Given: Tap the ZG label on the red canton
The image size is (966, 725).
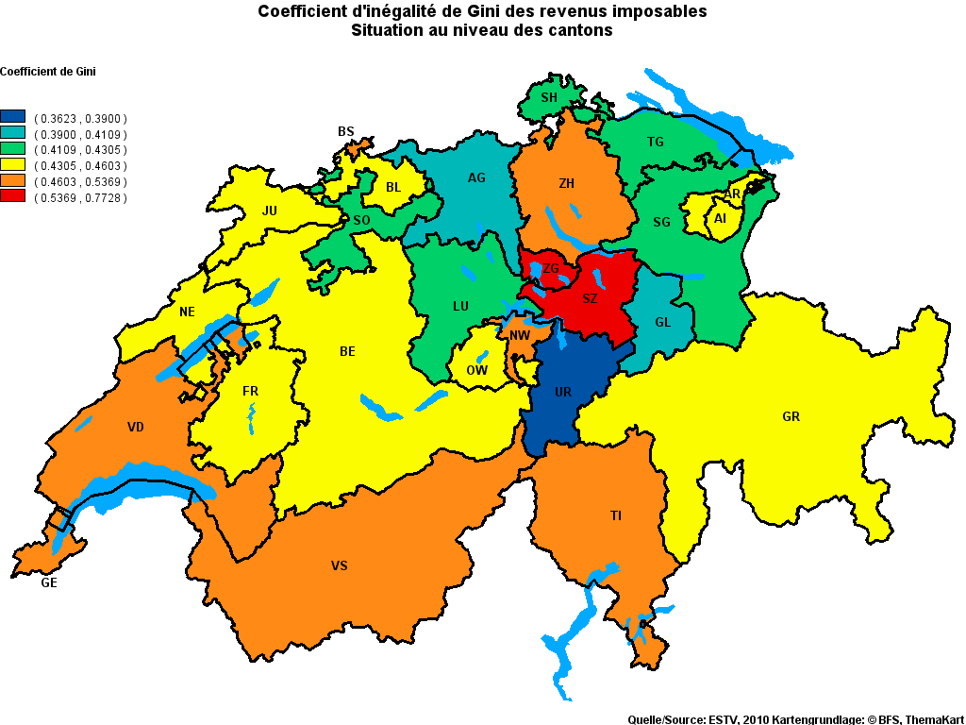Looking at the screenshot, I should [x=551, y=269].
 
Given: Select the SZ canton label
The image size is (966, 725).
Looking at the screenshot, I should [x=590, y=298].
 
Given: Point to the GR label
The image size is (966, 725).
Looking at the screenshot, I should [x=791, y=416].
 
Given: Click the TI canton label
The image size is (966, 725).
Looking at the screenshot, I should [x=615, y=515].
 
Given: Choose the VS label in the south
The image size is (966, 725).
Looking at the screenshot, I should [x=339, y=565].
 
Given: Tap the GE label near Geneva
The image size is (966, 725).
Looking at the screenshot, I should [x=49, y=583].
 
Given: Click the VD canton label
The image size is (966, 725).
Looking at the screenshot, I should [x=136, y=427].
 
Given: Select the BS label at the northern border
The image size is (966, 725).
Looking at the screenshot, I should [x=346, y=131].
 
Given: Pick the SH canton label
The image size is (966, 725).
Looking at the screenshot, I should [x=548, y=97].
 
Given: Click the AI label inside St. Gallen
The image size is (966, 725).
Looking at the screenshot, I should [x=720, y=218].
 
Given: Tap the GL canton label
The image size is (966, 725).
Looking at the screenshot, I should [x=662, y=322].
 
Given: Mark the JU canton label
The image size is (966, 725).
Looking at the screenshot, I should [x=270, y=211].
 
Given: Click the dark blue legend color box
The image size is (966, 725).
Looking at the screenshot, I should [x=13, y=118].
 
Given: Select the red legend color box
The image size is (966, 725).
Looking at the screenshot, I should [x=13, y=197].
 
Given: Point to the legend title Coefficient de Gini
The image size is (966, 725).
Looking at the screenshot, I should [x=48, y=72].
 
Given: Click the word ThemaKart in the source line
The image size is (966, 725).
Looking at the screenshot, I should [x=934, y=719].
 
